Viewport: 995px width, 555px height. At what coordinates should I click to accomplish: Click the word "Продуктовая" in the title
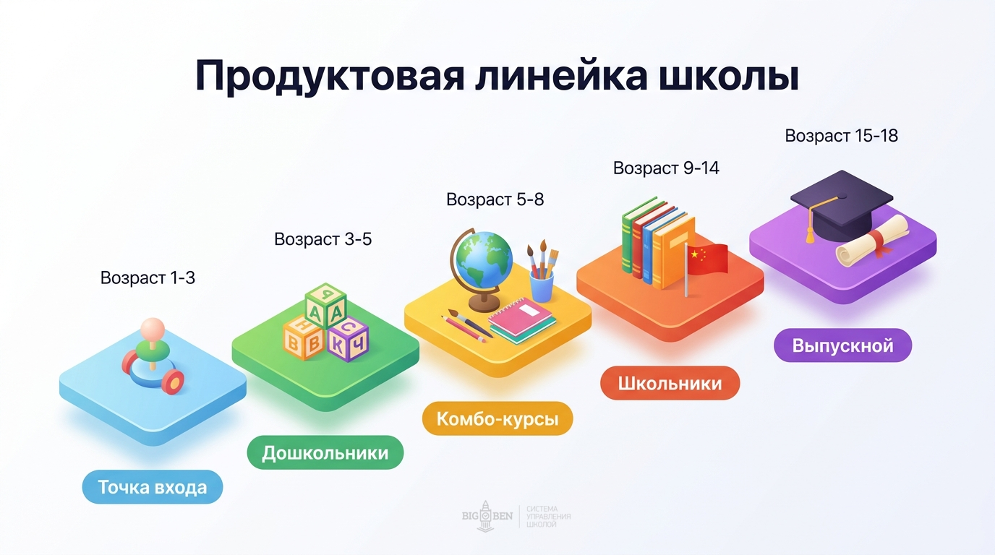click(x=330, y=77)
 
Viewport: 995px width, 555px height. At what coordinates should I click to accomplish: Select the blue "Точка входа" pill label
click(x=152, y=487)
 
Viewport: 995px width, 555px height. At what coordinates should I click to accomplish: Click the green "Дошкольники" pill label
click(x=325, y=453)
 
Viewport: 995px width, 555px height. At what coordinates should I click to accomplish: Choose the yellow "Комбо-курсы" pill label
click(x=497, y=419)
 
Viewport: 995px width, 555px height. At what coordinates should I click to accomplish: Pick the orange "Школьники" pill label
click(x=670, y=383)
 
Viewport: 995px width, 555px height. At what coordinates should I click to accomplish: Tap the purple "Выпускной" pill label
click(x=842, y=345)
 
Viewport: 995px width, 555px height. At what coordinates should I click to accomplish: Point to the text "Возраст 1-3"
click(x=148, y=277)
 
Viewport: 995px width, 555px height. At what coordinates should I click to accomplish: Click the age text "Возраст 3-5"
click(x=323, y=239)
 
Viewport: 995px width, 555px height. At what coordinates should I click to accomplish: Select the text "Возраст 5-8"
click(x=495, y=199)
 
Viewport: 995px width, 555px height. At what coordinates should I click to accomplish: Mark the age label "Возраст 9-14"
click(x=666, y=168)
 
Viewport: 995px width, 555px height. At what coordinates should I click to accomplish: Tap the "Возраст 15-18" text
click(x=841, y=135)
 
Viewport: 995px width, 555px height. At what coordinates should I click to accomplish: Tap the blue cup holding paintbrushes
click(x=542, y=283)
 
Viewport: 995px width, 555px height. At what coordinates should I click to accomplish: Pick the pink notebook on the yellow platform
click(x=521, y=319)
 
